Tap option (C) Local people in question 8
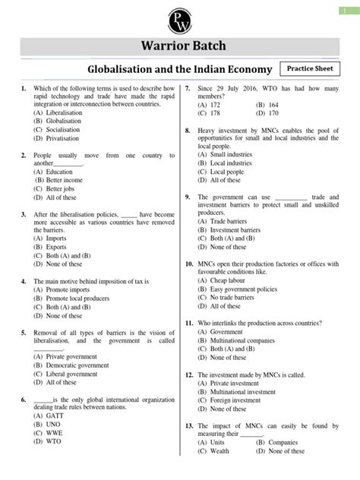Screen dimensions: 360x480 click(222, 172)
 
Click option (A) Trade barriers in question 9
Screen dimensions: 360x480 click(226, 221)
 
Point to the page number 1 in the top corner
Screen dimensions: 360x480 click(351, 8)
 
